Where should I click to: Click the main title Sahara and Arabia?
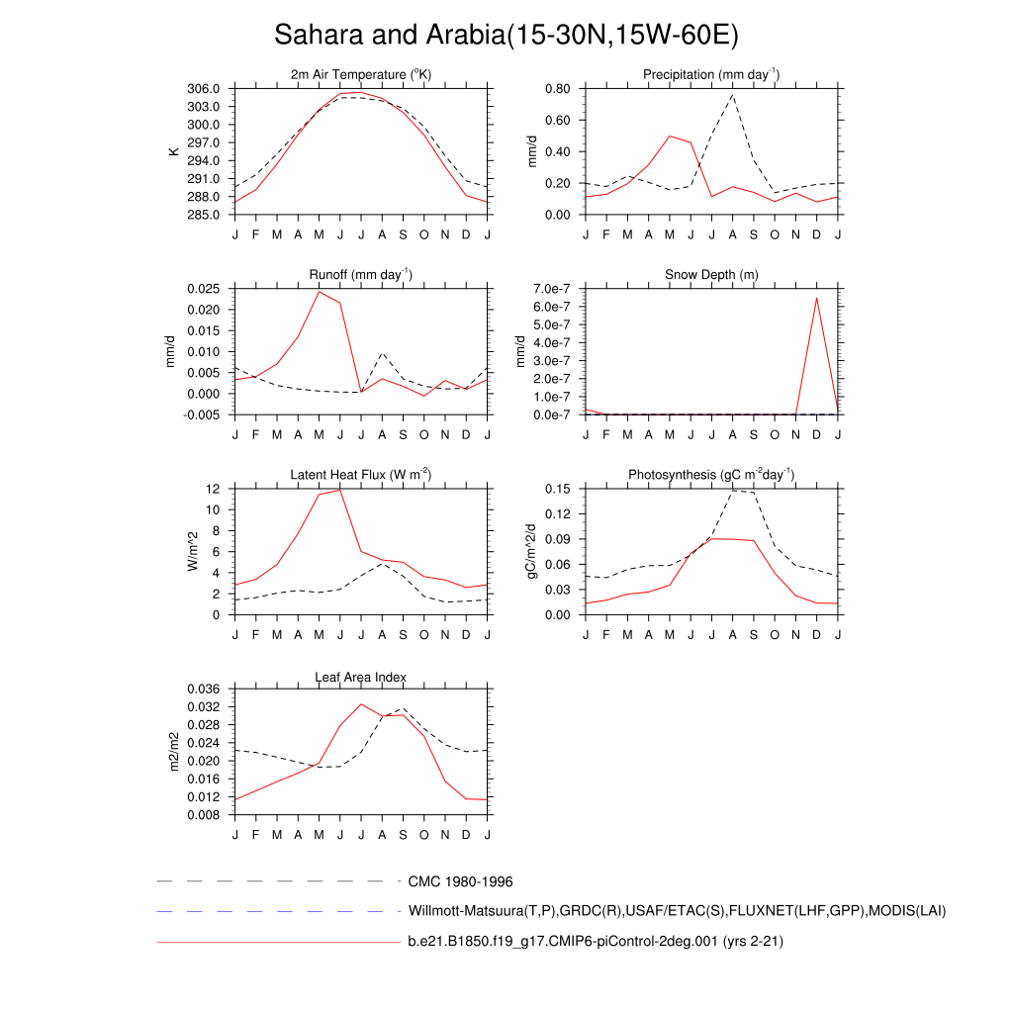click(x=506, y=36)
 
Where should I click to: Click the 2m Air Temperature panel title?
click(x=361, y=75)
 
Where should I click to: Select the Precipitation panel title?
click(x=710, y=75)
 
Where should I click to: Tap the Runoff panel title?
click(x=361, y=274)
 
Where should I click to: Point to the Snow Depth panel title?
click(x=711, y=274)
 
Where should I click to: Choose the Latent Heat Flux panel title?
click(x=361, y=475)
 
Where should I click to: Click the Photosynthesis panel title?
click(x=711, y=475)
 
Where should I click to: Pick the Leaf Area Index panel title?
click(x=361, y=677)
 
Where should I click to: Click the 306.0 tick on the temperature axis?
click(x=205, y=89)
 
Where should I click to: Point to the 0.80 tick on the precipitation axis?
click(x=557, y=89)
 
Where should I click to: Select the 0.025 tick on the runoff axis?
click(x=205, y=289)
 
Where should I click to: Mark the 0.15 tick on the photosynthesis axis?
click(x=557, y=489)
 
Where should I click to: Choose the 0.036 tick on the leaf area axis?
click(x=205, y=689)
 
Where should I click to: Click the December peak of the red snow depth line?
click(x=816, y=298)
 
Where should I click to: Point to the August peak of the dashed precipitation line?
click(x=732, y=95)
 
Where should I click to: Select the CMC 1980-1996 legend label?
click(x=460, y=881)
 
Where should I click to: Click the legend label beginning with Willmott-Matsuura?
click(x=677, y=911)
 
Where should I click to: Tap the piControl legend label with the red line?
click(x=596, y=942)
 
